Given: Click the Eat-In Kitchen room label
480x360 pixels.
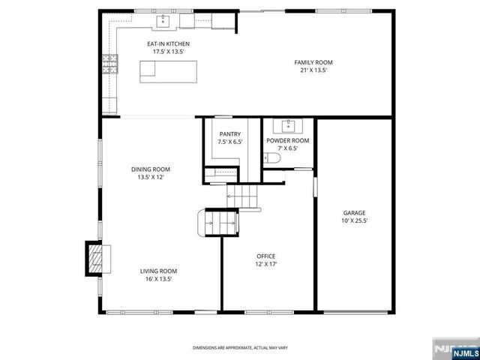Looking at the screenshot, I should coord(168,44).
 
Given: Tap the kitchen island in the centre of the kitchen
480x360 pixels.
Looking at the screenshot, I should coord(172,71).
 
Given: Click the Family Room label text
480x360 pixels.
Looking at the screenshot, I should coord(313,62).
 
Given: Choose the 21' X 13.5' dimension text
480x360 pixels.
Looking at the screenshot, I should coord(313,70).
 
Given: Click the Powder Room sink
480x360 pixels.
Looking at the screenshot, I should coord(288,125).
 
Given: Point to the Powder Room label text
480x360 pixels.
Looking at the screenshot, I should coord(288,140).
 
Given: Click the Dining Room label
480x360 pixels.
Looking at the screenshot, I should coord(151,169).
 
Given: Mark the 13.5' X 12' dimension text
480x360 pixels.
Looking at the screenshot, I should coord(151,177).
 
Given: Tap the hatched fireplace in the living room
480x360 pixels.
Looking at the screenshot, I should coord(95,258).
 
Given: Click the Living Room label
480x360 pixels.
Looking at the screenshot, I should coord(158,271).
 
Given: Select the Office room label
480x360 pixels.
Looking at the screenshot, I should coord(266,256).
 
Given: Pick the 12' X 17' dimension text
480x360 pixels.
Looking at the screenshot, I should coord(266,263).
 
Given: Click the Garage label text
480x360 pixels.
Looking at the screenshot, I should coord(355,212).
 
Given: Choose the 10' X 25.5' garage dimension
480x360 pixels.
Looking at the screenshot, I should coord(355,220).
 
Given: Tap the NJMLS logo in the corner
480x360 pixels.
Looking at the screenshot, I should coord(455,349).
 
